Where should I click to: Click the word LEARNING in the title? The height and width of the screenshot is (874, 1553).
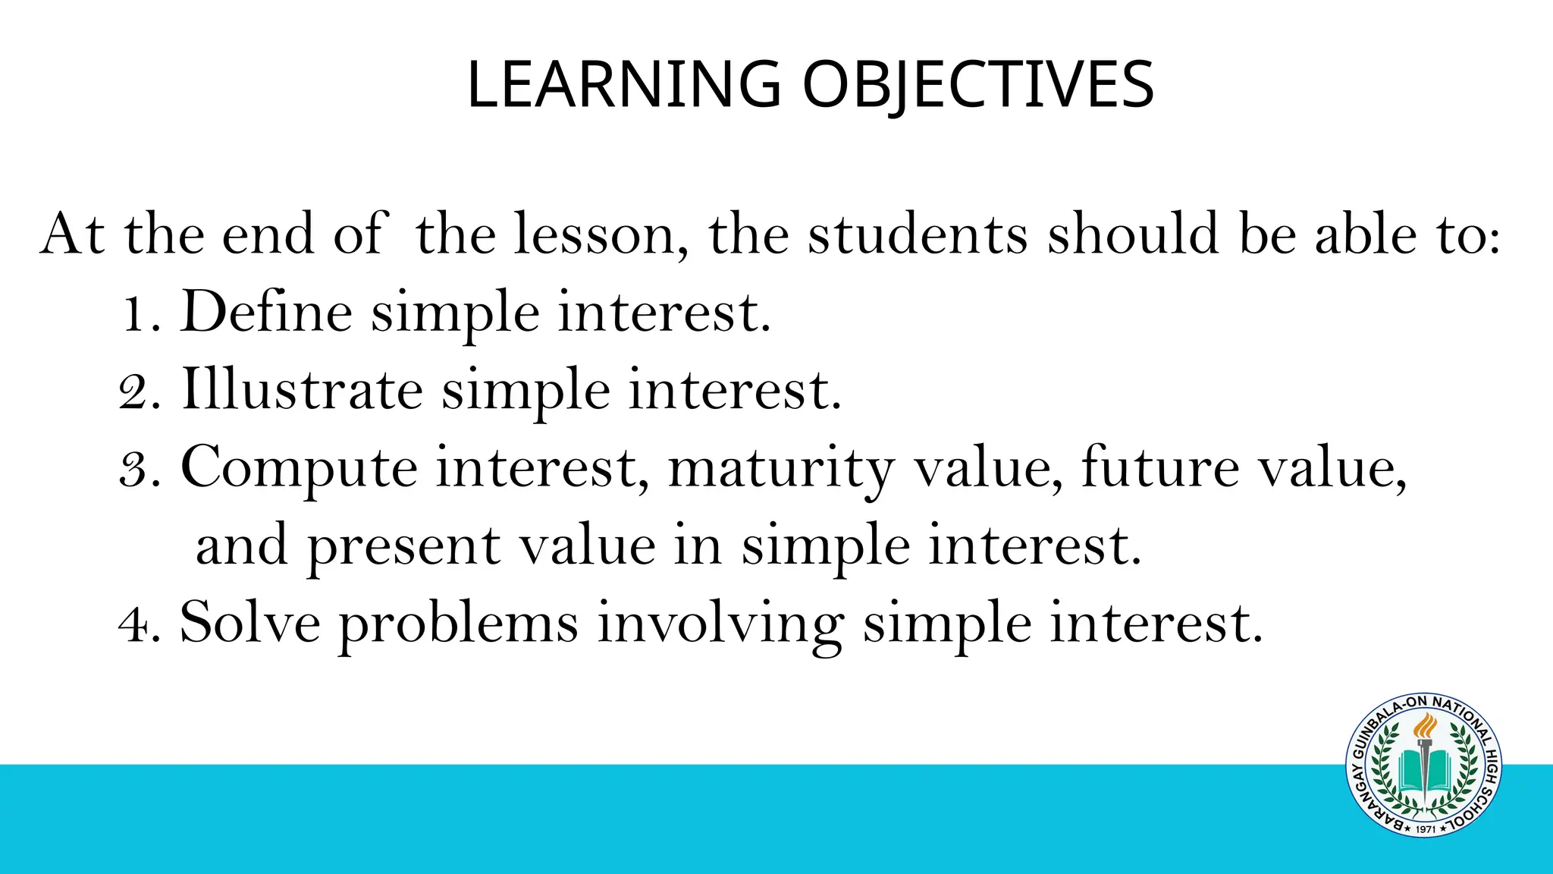[623, 84]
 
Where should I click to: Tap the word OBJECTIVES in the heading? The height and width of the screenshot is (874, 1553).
[977, 84]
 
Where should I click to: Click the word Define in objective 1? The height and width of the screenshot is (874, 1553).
[266, 312]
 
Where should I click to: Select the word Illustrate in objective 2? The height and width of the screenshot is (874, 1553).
[302, 390]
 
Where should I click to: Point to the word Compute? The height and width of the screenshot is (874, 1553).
[299, 468]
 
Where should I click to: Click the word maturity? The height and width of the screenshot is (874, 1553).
[781, 468]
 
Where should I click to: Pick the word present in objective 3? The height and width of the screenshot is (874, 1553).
[403, 546]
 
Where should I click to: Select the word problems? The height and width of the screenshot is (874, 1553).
[458, 624]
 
